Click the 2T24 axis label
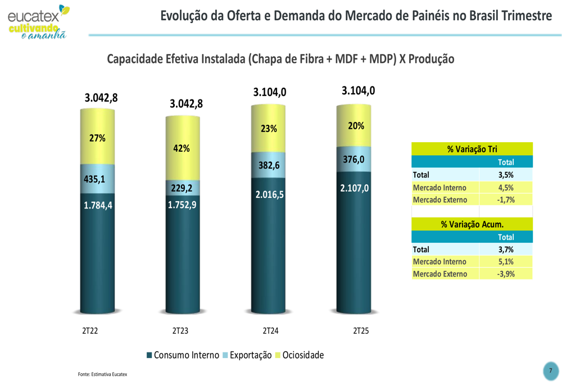(x=270, y=331)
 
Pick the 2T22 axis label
(x=90, y=331)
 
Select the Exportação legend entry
(x=248, y=355)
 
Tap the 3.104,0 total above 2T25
(x=358, y=90)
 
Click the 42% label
(x=182, y=148)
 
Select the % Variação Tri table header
(x=472, y=149)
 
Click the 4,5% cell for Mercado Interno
(x=506, y=187)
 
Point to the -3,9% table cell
(x=506, y=274)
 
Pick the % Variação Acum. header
(x=472, y=224)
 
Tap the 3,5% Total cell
(x=506, y=175)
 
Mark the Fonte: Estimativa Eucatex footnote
(x=102, y=374)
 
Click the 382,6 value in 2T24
(x=269, y=165)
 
